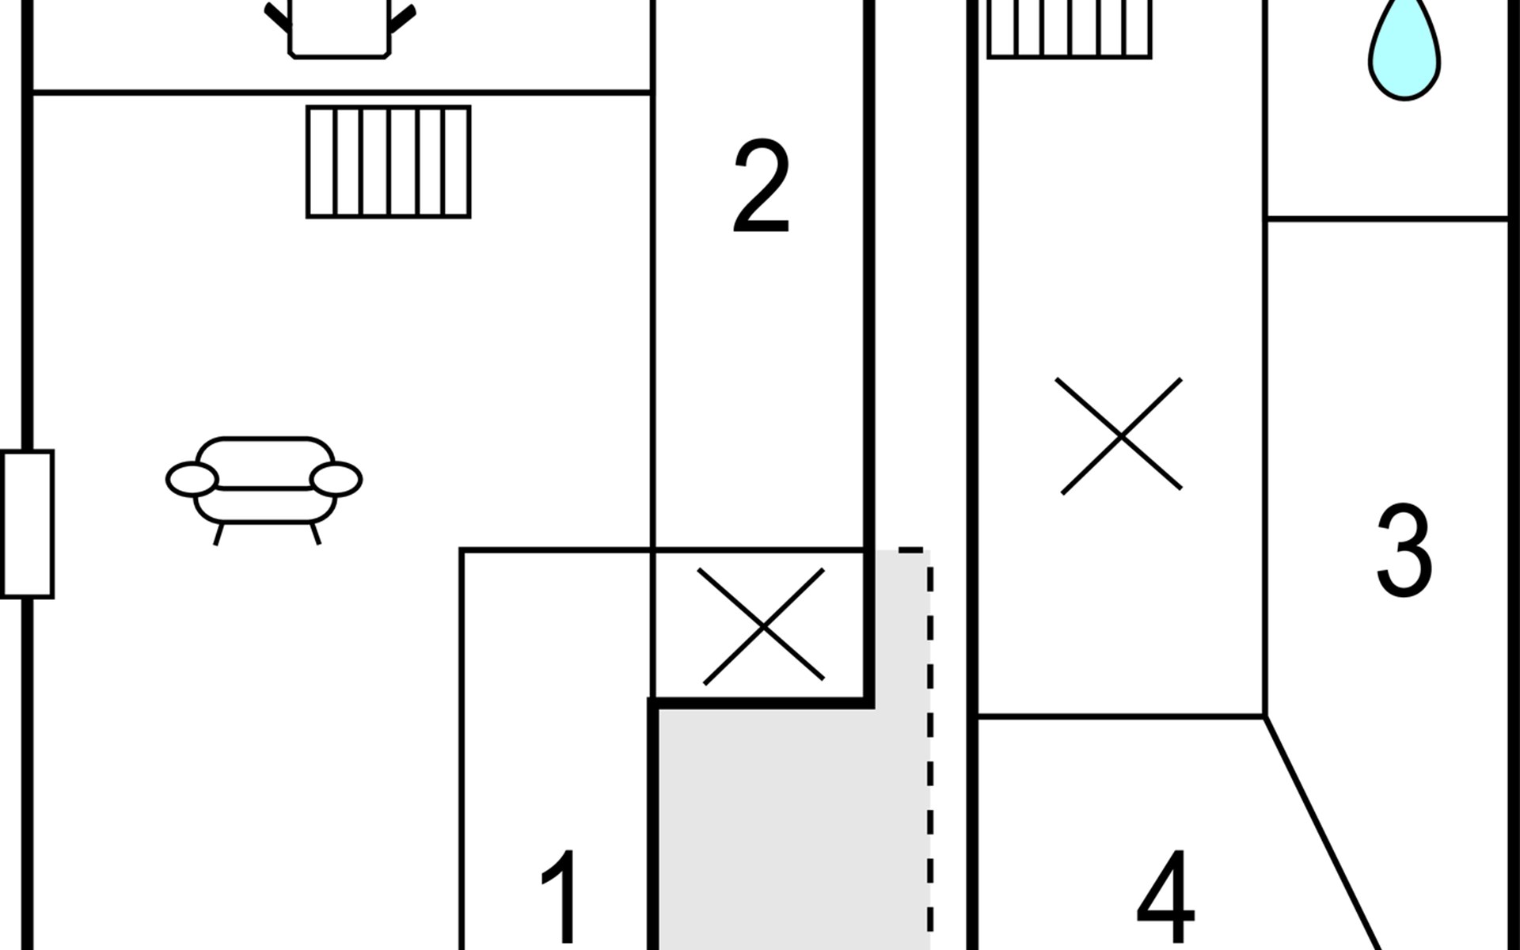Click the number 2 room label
point(762,187)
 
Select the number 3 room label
point(1404,550)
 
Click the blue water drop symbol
point(1404,51)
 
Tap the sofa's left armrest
point(192,480)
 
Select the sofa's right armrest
point(336,480)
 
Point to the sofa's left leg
point(219,534)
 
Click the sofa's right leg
point(315,534)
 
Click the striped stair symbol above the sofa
point(389,161)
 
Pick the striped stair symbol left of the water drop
point(1070,28)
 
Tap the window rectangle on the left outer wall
point(27,524)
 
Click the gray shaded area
point(792,823)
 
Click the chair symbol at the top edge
point(339,28)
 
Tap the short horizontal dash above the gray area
point(910,549)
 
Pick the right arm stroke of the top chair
point(401,21)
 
